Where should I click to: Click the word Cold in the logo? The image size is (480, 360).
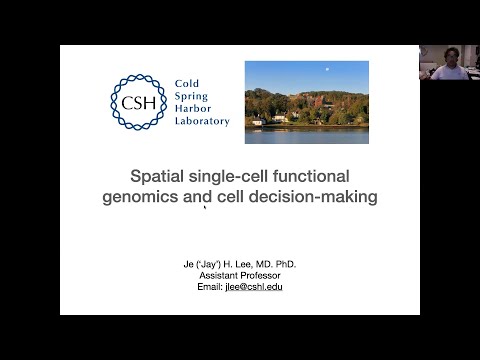187,84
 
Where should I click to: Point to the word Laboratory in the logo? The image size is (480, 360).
202,121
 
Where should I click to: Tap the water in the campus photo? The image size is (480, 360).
306,133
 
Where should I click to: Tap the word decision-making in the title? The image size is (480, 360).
318,197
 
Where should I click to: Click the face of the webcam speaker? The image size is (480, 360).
451,56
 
